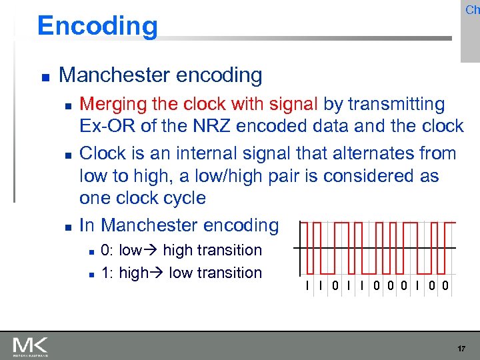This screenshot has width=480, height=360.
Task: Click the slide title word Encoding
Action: [x=97, y=26]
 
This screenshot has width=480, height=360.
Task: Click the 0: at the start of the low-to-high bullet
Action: [x=107, y=251]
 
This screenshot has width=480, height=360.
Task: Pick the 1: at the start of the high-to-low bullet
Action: [x=107, y=273]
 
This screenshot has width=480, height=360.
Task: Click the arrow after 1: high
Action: [x=158, y=273]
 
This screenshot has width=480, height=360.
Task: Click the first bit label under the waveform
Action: [x=307, y=287]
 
